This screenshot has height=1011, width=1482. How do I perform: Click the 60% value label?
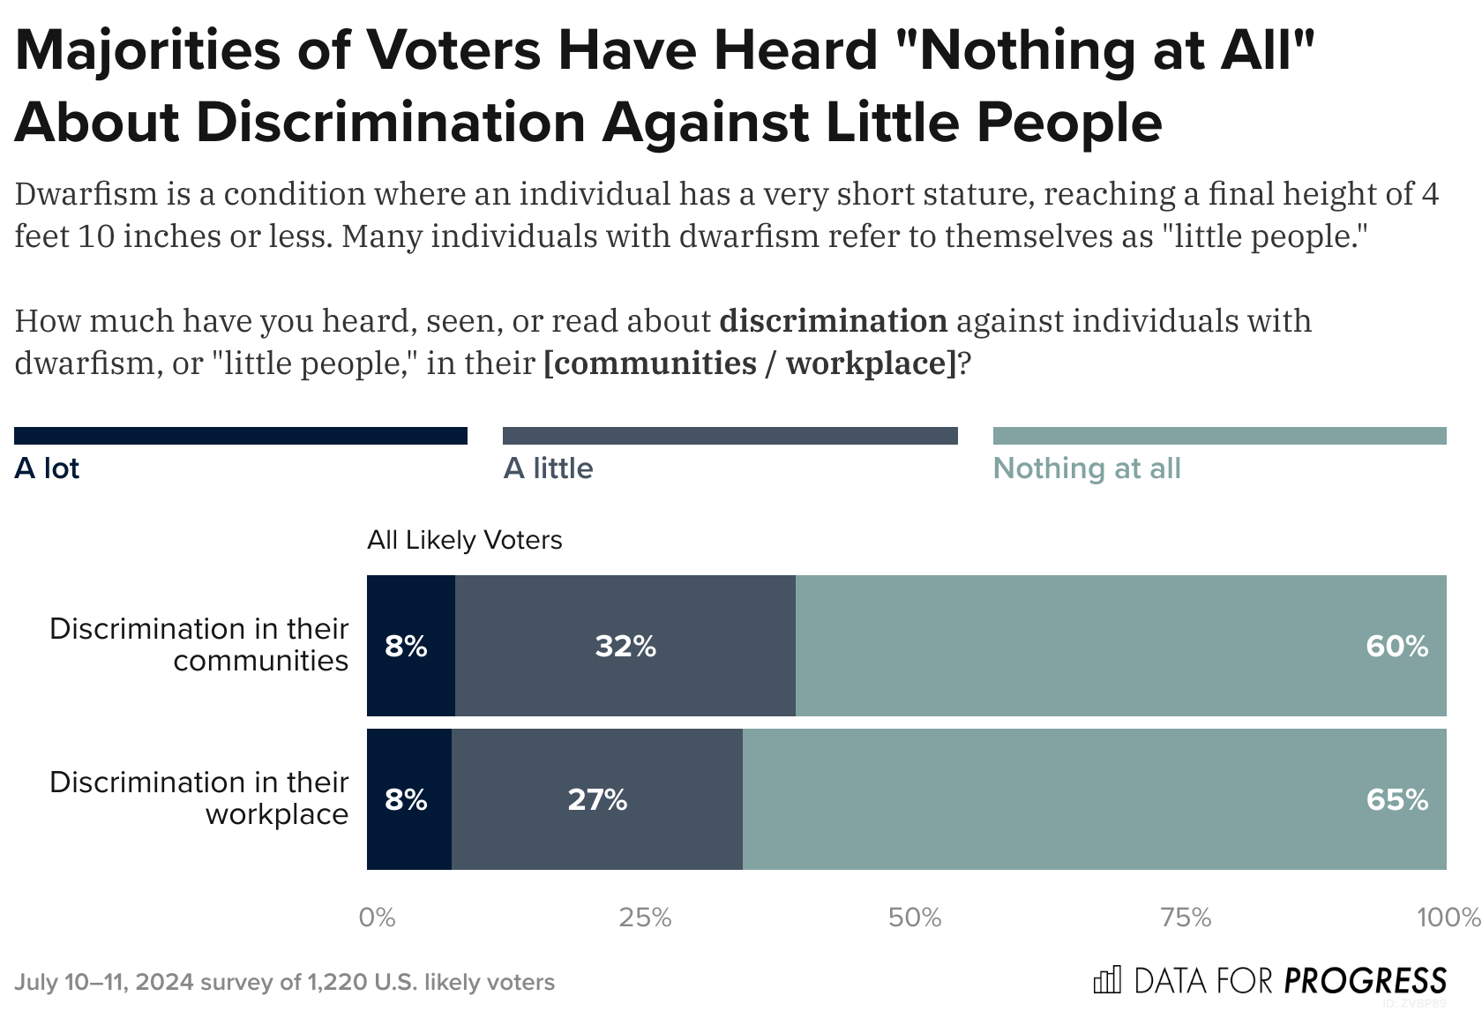tap(1396, 647)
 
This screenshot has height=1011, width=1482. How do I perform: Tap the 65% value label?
tap(1396, 800)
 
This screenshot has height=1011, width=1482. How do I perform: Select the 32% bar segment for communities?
tap(625, 647)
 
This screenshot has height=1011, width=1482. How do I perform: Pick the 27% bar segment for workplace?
tap(597, 800)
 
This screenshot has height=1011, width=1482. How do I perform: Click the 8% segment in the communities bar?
tap(407, 647)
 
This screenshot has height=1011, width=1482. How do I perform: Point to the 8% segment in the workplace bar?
tap(407, 800)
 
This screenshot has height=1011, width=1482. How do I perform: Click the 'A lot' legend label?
tap(47, 468)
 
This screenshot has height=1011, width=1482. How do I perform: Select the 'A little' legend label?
tap(548, 468)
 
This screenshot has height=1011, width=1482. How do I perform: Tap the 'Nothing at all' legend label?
tap(1087, 468)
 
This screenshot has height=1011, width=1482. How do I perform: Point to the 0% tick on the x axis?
tap(377, 918)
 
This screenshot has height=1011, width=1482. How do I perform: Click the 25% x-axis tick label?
tap(645, 918)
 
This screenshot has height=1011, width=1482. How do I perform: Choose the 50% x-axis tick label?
tap(915, 918)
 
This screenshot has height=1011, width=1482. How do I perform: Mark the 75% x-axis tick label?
tap(1185, 918)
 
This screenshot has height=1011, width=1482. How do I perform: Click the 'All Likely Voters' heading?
tap(464, 540)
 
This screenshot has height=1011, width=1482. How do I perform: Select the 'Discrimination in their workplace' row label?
tap(199, 798)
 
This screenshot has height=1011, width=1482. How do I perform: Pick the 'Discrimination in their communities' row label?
tap(199, 645)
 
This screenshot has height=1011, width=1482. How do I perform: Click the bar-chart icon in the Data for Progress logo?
tap(1107, 980)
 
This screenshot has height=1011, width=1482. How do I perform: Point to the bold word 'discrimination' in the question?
tap(833, 321)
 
